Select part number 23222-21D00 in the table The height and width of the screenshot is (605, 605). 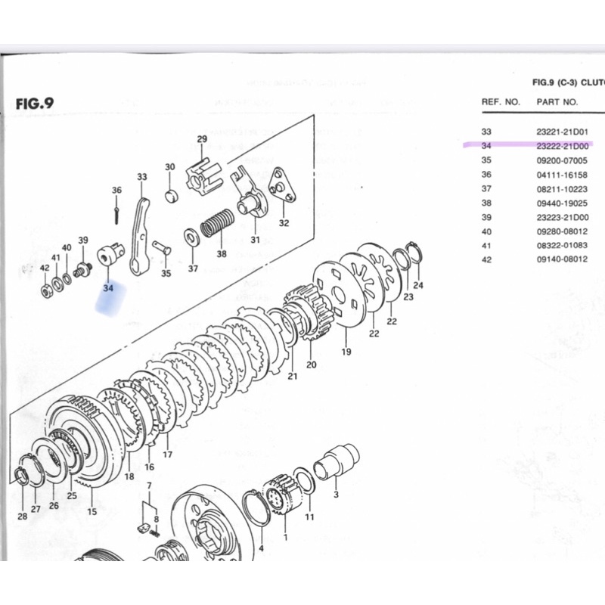[x=563, y=146]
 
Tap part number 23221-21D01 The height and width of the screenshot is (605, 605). [x=563, y=132]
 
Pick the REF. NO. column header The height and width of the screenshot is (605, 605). [x=501, y=101]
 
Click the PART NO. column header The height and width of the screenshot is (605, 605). [x=557, y=101]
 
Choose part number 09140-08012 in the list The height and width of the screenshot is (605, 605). [x=563, y=259]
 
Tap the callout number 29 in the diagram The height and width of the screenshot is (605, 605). [x=202, y=138]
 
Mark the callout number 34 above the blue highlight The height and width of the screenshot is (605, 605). [x=107, y=287]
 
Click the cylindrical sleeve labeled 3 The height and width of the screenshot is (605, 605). [x=336, y=461]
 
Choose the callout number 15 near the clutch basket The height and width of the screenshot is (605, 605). [x=92, y=511]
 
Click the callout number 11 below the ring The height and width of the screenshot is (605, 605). [x=309, y=517]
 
